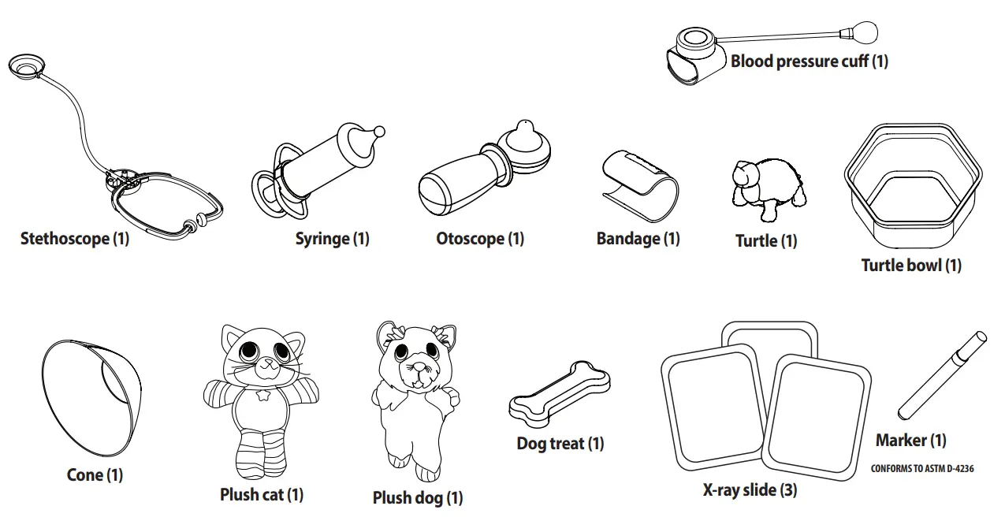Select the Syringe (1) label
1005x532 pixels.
pyautogui.click(x=332, y=238)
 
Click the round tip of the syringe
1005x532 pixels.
pyautogui.click(x=378, y=131)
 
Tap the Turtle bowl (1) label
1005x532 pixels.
pyautogui.click(x=910, y=265)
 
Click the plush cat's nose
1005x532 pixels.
pyautogui.click(x=266, y=363)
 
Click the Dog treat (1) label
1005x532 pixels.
pyautogui.click(x=560, y=443)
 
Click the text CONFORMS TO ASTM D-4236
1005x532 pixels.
pyautogui.click(x=921, y=468)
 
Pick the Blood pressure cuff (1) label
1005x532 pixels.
pyautogui.click(x=809, y=61)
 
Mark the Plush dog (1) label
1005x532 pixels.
pyautogui.click(x=418, y=497)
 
